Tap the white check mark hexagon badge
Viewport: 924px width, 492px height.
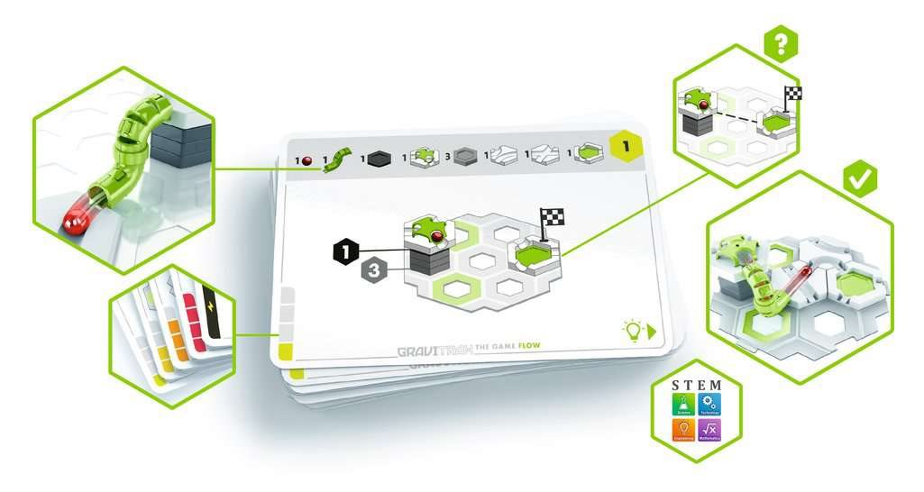coord(861,178)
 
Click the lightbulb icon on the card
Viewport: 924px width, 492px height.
coord(632,331)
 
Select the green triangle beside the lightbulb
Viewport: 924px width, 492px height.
coord(652,331)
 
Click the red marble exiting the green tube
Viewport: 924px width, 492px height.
coord(75,217)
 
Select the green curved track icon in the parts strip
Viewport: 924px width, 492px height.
coord(336,160)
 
